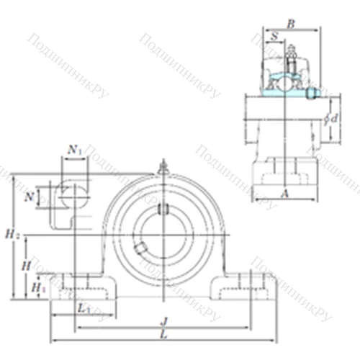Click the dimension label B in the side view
pyautogui.click(x=291, y=24)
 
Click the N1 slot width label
pyautogui.click(x=74, y=150)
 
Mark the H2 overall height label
pyautogui.click(x=10, y=234)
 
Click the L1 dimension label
pyautogui.click(x=84, y=307)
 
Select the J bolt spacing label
pyautogui.click(x=165, y=321)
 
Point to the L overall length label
pyautogui.click(x=165, y=335)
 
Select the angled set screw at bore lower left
pyautogui.click(x=140, y=249)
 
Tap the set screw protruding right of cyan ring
pyautogui.click(x=311, y=93)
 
